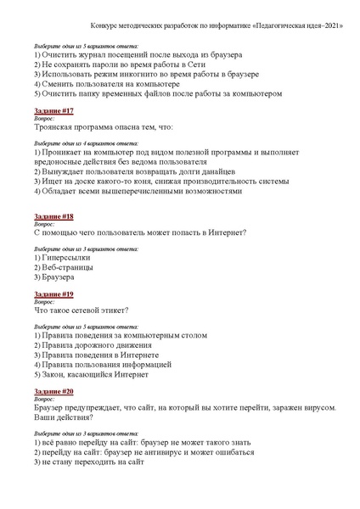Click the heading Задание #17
54,111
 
